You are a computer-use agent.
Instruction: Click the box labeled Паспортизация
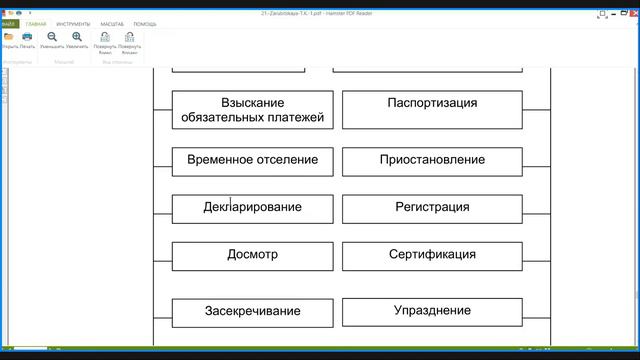coord(432,110)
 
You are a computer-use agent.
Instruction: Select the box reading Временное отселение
coord(252,160)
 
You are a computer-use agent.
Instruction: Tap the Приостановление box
coord(432,160)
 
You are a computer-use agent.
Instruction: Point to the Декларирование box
coord(252,208)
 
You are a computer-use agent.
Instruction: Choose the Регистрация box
coord(432,208)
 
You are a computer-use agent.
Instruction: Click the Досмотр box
coord(252,255)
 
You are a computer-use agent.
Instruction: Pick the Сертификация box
coord(432,255)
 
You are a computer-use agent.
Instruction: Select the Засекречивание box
coord(252,311)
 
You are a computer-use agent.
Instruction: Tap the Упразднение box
coord(432,311)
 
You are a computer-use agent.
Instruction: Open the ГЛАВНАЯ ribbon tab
coord(36,23)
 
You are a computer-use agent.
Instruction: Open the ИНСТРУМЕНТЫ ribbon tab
coord(73,23)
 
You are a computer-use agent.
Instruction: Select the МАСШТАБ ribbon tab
coord(112,23)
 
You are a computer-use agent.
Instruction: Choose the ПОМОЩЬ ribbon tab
coord(145,23)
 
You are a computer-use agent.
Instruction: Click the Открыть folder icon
coord(9,38)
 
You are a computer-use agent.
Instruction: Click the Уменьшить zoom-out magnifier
coord(51,38)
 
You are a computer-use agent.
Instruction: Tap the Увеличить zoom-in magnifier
coord(77,38)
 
